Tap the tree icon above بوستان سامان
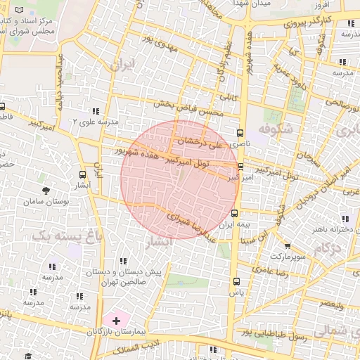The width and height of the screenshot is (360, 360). coord(46,191)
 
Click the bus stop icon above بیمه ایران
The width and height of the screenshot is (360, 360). coord(234,214)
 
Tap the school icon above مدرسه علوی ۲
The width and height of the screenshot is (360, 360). coord(96,111)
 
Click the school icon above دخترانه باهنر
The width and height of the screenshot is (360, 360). coord(344,219)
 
